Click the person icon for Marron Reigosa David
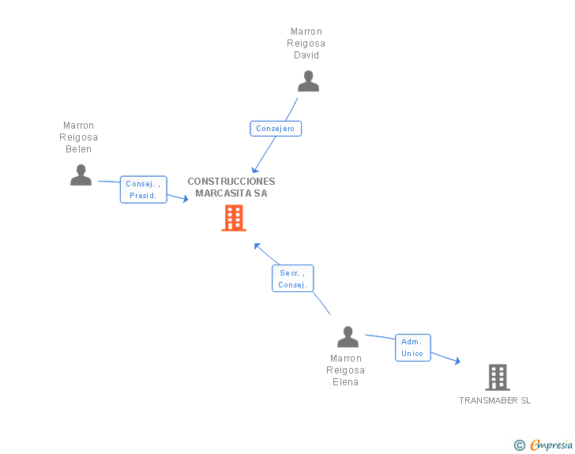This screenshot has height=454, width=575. pos(308,81)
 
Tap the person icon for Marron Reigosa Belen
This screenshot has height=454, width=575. pos(81,175)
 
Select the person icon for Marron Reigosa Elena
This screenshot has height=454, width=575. pos(348,337)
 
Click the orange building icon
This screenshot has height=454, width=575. pos(233,218)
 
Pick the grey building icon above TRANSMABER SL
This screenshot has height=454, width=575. pos(497,377)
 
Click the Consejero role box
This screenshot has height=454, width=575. pos(276,129)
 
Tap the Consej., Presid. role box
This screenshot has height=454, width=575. pos(143,189)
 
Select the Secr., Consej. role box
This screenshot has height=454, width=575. pos(292,279)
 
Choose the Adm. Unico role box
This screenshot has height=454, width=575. pos(412,347)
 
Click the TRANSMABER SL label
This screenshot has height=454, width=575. pos(495,400)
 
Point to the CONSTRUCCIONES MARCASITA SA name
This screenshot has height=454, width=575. pos(231,187)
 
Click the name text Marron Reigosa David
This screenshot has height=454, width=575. pos(306,43)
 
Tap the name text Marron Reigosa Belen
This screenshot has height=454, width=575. pos(79,137)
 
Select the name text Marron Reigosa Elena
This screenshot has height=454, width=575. pos(346,370)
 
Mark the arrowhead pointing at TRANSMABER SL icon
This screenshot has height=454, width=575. pos(457,362)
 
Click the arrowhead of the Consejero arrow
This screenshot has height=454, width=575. pos(254,170)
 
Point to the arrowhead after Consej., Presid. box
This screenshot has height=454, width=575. pos(186,199)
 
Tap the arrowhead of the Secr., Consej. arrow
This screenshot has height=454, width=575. pos(257,246)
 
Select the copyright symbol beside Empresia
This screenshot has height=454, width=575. pos(520,445)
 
